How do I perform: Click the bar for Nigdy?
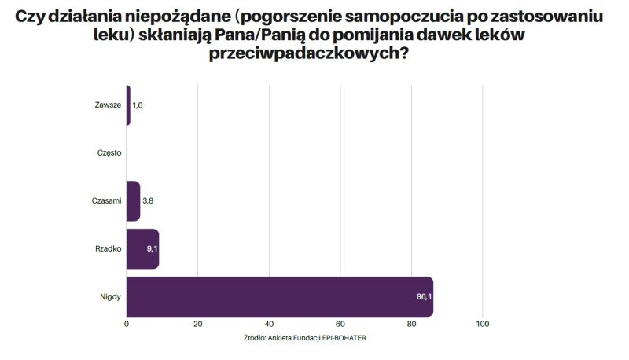[279, 296]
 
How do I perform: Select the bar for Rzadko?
[142, 248]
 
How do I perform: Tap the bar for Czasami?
[133, 200]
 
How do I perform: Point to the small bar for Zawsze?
[128, 105]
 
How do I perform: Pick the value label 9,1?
[151, 248]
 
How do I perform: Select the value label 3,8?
[149, 200]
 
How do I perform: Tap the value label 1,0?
[138, 105]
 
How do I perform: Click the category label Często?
[109, 152]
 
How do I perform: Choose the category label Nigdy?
[110, 296]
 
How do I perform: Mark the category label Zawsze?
[108, 105]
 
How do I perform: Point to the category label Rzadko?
[108, 248]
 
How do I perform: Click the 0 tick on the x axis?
[127, 324]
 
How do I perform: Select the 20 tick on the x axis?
[197, 324]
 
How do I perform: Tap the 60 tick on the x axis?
[340, 324]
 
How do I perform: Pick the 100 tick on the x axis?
[483, 324]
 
